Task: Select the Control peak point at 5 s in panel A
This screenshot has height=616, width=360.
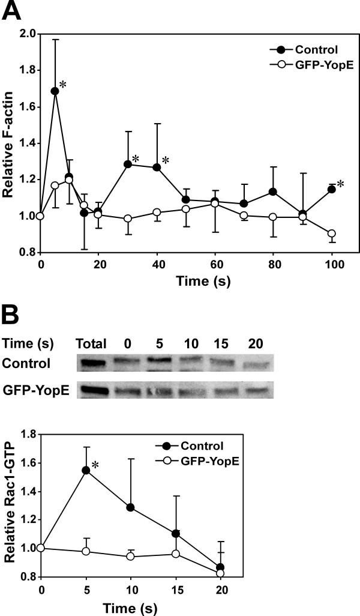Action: [55, 91]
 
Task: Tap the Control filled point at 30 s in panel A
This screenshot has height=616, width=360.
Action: [127, 164]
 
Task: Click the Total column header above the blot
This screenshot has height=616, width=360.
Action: [91, 344]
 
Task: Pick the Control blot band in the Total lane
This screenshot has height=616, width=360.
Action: [92, 363]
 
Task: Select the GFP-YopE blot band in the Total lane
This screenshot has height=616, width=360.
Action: [92, 390]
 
